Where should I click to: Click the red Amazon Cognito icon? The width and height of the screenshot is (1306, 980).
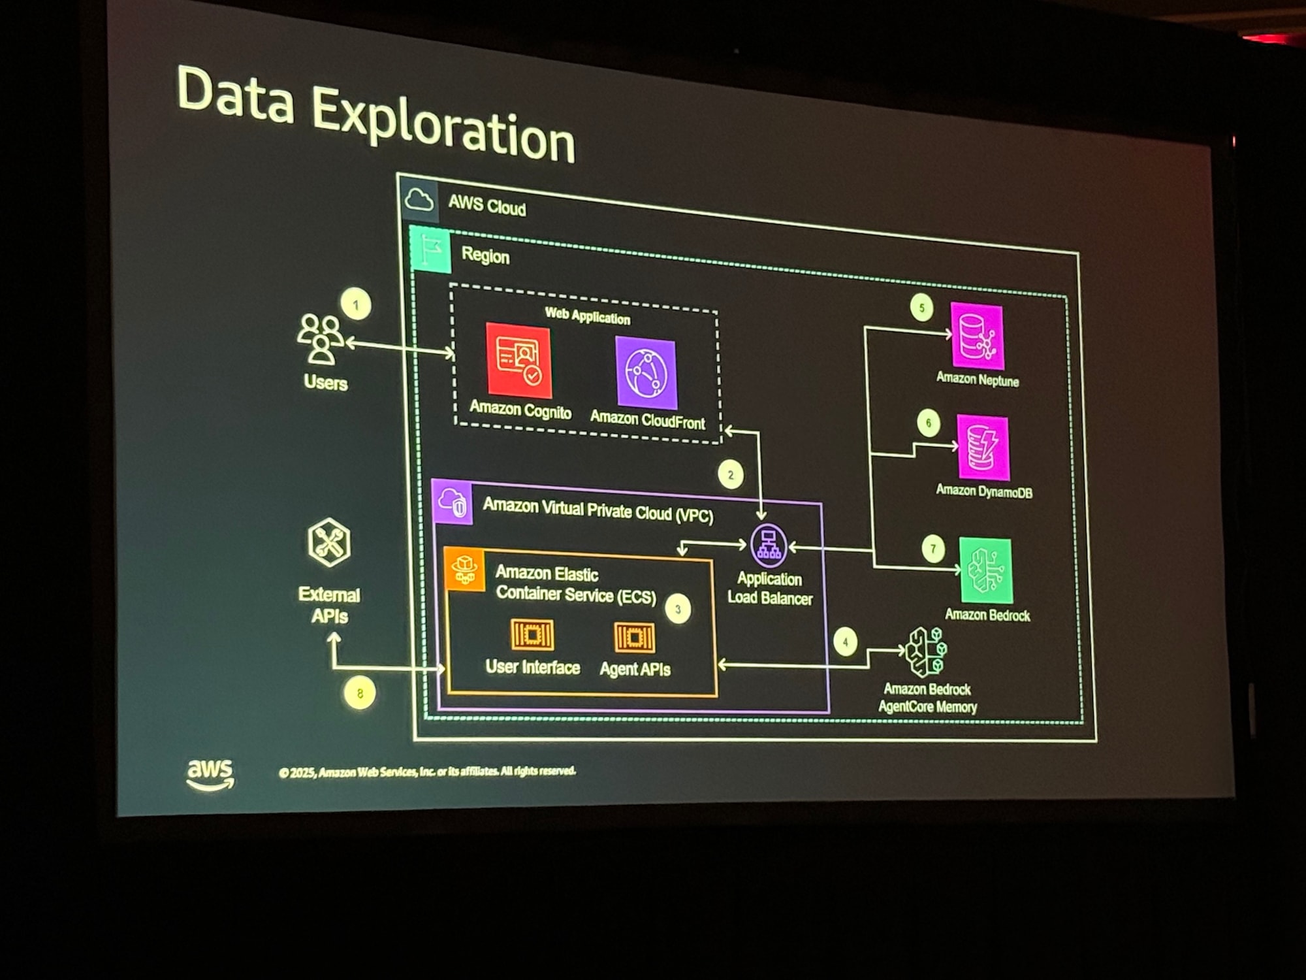[518, 361]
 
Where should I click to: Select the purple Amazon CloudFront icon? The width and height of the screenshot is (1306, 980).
[646, 372]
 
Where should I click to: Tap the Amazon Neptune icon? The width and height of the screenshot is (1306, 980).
[977, 336]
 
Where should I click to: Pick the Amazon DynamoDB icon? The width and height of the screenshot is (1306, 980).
[983, 448]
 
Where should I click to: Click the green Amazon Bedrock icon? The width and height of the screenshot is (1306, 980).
[986, 570]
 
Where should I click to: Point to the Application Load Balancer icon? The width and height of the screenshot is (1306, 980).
[769, 545]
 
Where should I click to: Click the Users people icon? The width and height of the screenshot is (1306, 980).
[321, 338]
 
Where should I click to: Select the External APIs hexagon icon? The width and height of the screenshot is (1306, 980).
[329, 542]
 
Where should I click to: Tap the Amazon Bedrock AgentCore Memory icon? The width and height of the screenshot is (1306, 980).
[926, 652]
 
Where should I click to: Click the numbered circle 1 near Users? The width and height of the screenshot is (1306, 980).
[356, 304]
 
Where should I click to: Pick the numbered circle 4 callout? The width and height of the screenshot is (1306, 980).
[845, 642]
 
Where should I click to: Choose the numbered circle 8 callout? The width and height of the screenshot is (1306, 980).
[360, 693]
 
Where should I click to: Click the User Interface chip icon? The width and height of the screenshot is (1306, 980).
[532, 634]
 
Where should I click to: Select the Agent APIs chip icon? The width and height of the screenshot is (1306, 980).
[634, 637]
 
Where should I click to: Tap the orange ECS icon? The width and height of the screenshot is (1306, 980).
[464, 568]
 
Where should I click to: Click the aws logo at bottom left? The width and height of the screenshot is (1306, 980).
[210, 774]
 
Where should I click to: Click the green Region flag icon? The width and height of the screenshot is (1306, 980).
[430, 250]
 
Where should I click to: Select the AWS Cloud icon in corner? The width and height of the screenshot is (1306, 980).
[419, 199]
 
